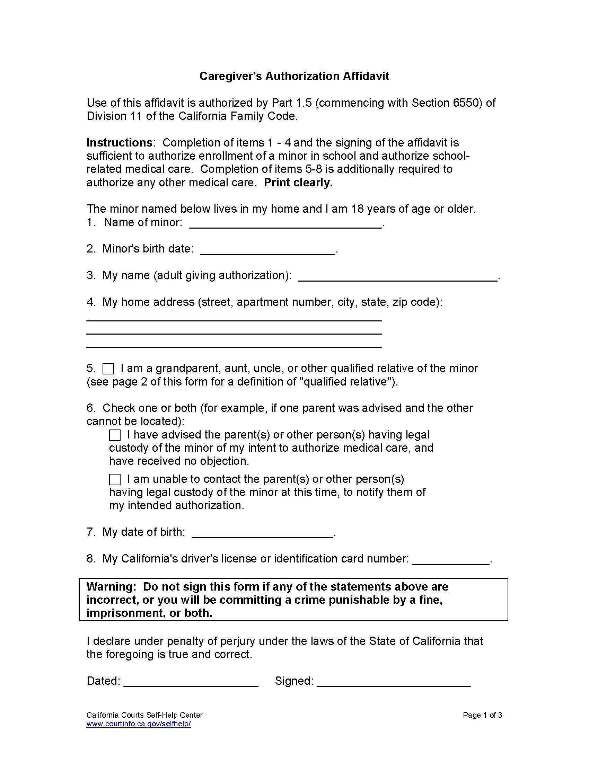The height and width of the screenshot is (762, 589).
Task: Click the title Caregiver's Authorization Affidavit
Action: coord(294,76)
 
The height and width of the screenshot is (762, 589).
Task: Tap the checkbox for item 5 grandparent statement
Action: coord(108,369)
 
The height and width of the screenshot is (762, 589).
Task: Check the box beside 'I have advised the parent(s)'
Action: coord(115,435)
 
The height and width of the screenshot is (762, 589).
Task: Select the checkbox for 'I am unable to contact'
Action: coord(115,479)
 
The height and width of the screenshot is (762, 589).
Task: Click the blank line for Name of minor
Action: coord(285,224)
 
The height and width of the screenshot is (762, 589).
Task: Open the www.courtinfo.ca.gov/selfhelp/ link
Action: coord(139,724)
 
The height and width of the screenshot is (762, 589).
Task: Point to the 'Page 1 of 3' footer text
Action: coord(482,715)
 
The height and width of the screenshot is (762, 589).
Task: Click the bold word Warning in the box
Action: coord(111,586)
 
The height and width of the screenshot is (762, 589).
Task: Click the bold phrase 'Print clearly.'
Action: coord(298,183)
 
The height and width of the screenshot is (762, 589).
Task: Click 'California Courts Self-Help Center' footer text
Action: coord(144,715)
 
